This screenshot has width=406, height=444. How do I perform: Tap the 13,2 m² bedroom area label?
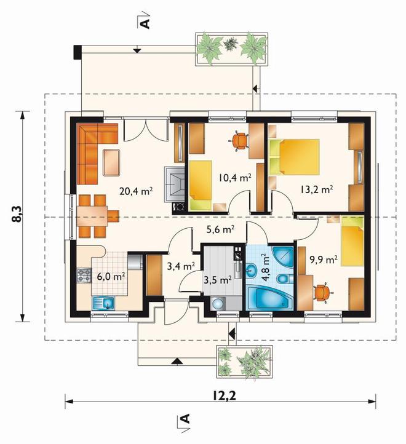316,189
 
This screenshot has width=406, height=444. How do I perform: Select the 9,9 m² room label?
324,260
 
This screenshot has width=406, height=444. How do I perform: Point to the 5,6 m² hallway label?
220,229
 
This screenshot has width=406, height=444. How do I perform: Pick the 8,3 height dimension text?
18,215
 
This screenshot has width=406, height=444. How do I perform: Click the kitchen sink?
103,303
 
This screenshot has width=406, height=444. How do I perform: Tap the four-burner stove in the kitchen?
84,276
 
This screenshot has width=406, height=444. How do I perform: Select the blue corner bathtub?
269,299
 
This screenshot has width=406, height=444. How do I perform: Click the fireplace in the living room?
175,184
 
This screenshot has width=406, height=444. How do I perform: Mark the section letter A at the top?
145,24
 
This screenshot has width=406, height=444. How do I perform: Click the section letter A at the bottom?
185,419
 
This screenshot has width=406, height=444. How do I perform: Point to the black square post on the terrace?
78,52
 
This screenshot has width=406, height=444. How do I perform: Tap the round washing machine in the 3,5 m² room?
218,304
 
